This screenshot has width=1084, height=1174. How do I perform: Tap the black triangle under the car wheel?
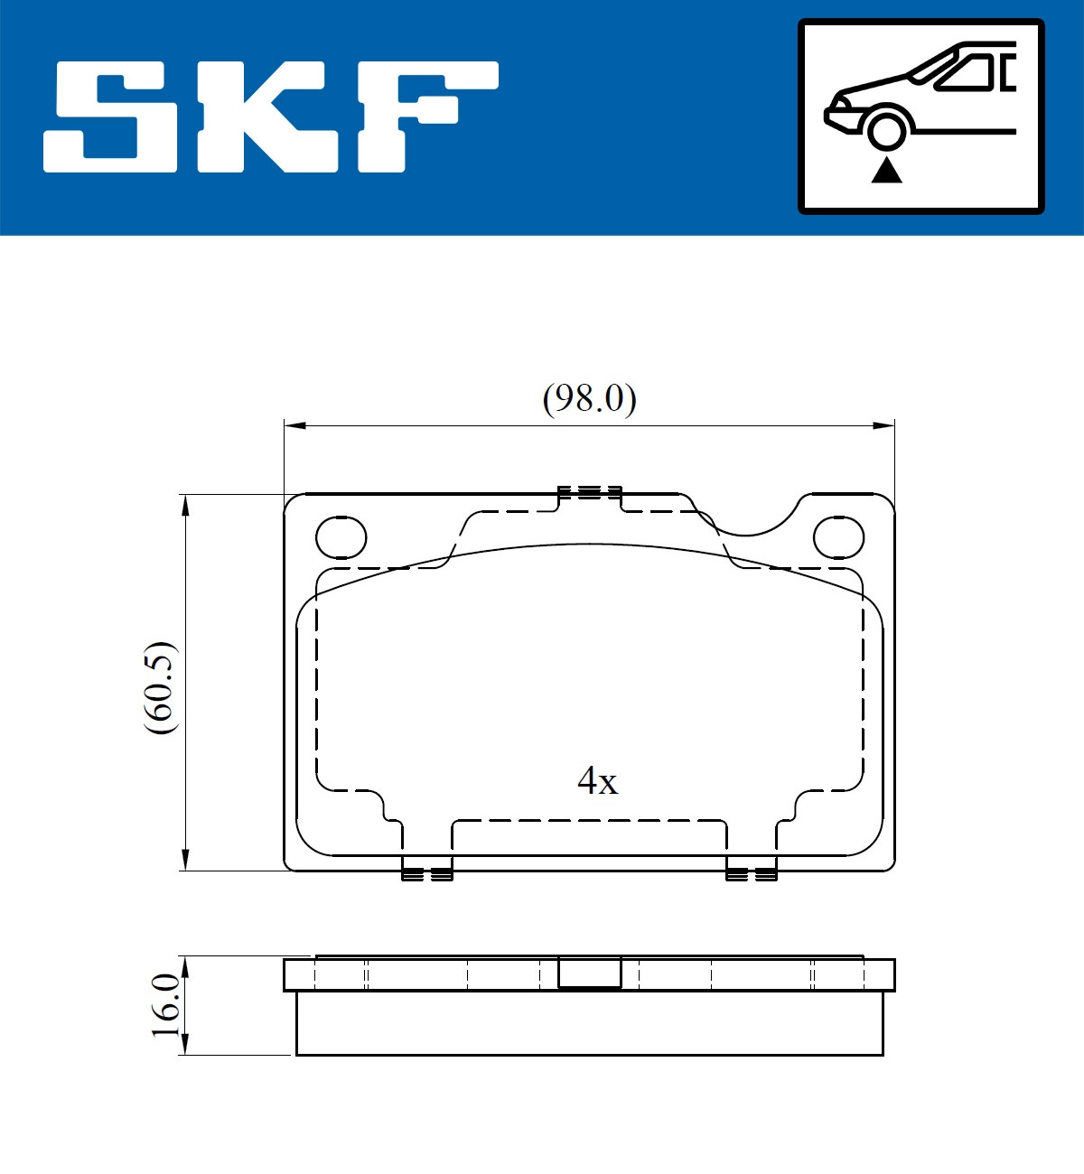[886, 170]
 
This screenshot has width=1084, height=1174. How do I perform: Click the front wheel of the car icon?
[886, 129]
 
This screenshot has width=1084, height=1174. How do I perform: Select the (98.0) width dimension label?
[589, 398]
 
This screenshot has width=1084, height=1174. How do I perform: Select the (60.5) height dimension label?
[162, 687]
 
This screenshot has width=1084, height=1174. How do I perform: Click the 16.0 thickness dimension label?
[165, 1005]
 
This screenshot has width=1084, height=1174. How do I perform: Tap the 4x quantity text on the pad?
[597, 781]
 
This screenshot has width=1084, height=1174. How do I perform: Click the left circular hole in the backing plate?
[341, 538]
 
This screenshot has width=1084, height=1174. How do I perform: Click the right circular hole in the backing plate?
[838, 538]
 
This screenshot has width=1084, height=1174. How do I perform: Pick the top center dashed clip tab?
[590, 493]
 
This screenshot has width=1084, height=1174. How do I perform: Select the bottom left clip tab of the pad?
[426, 872]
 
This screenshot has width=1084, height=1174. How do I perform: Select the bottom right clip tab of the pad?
[752, 872]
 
